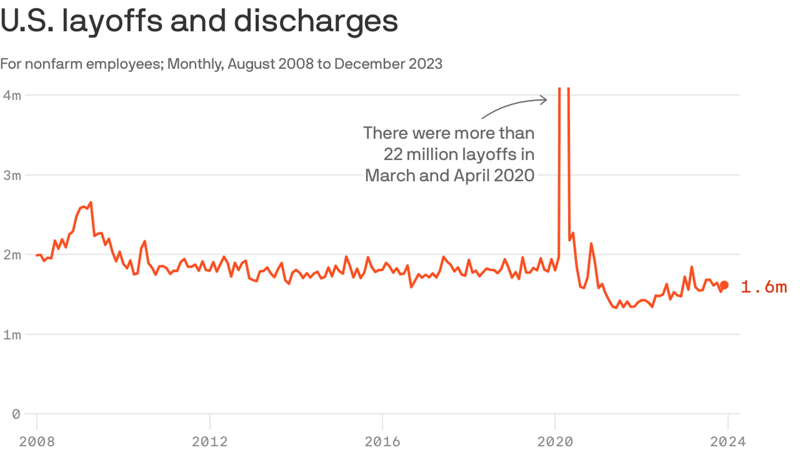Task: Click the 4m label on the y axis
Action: (x=12, y=95)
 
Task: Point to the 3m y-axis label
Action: (x=12, y=175)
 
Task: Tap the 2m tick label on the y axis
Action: (x=12, y=255)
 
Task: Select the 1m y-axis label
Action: (x=12, y=335)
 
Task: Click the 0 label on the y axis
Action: (x=16, y=414)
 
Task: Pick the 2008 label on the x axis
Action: (x=37, y=441)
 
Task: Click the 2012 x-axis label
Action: (x=210, y=441)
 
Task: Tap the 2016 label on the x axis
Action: (x=382, y=441)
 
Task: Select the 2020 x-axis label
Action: (x=555, y=441)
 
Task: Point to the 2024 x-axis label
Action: (x=727, y=441)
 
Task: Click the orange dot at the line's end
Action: (x=724, y=285)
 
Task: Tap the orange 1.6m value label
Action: (x=764, y=287)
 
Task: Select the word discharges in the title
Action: (x=316, y=21)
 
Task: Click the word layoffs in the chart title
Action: (x=112, y=21)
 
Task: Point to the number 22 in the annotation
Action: (x=393, y=155)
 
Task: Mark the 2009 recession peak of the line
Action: (x=90, y=203)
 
